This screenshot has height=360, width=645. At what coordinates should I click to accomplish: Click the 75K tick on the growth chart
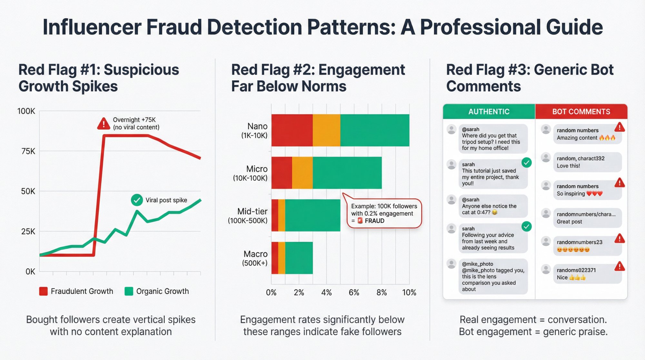pos(28,151)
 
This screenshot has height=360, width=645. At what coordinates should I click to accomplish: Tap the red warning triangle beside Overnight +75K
pos(104,124)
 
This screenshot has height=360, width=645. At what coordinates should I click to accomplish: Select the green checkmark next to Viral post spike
pos(137,200)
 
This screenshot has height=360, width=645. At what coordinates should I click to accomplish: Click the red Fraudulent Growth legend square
pos(43,291)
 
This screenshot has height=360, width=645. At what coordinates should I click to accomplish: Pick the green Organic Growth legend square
pos(129,291)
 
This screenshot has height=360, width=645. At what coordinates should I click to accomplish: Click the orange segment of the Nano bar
pos(326,130)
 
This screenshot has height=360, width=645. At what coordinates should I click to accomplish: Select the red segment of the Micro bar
pos(282,173)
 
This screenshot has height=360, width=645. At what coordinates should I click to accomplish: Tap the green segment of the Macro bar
pos(299,258)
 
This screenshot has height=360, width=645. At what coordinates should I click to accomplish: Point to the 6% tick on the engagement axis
pos(354,293)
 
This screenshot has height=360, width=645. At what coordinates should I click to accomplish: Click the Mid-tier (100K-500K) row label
pos(248,216)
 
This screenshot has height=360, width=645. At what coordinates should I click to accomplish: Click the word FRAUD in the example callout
pos(374,221)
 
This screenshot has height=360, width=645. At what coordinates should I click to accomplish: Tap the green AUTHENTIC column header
pos(489,112)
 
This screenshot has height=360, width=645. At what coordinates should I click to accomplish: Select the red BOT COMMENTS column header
pos(581,112)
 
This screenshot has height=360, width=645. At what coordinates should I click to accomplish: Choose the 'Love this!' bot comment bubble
pos(587,162)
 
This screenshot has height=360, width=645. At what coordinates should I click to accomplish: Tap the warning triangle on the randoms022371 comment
pos(620,266)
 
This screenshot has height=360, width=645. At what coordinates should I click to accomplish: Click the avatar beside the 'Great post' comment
pos(546,213)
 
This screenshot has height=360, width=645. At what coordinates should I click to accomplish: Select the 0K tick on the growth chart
pos(30,272)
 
